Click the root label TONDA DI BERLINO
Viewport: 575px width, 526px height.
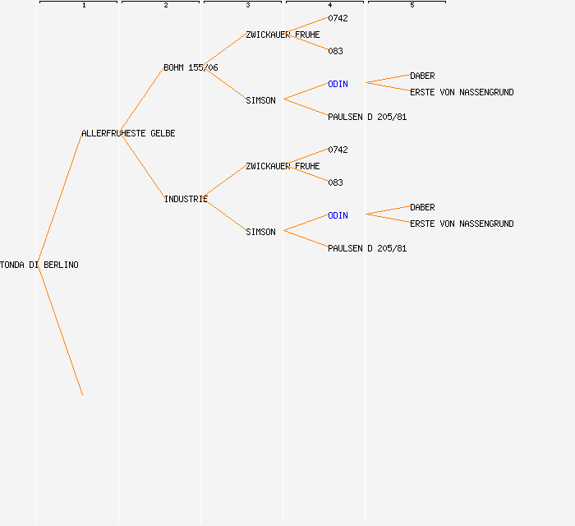click(39, 265)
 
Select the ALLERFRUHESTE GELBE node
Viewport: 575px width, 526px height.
click(128, 133)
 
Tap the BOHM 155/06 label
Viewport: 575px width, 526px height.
click(191, 67)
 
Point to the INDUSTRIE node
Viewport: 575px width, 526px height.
click(186, 199)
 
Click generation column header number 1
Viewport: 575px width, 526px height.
click(84, 5)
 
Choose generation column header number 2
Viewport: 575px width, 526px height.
click(166, 5)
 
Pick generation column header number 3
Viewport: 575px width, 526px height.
click(248, 5)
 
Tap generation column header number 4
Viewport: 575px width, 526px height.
click(330, 5)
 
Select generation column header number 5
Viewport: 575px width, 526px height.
click(412, 5)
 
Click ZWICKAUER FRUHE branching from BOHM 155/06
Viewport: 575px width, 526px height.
click(283, 35)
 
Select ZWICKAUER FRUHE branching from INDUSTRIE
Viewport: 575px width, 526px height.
click(283, 166)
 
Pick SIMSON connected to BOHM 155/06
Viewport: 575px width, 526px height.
click(260, 100)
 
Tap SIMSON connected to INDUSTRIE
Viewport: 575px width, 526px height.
click(260, 232)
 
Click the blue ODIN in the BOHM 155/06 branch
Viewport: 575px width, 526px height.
click(338, 84)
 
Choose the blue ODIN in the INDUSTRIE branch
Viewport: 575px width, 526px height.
click(338, 215)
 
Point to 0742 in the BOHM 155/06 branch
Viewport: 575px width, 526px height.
click(338, 18)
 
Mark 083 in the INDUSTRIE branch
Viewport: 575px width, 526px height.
click(335, 182)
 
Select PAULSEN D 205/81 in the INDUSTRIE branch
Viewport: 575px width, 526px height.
click(367, 248)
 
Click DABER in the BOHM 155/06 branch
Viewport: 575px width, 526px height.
click(422, 76)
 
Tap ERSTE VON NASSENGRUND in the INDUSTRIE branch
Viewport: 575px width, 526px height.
click(462, 224)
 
